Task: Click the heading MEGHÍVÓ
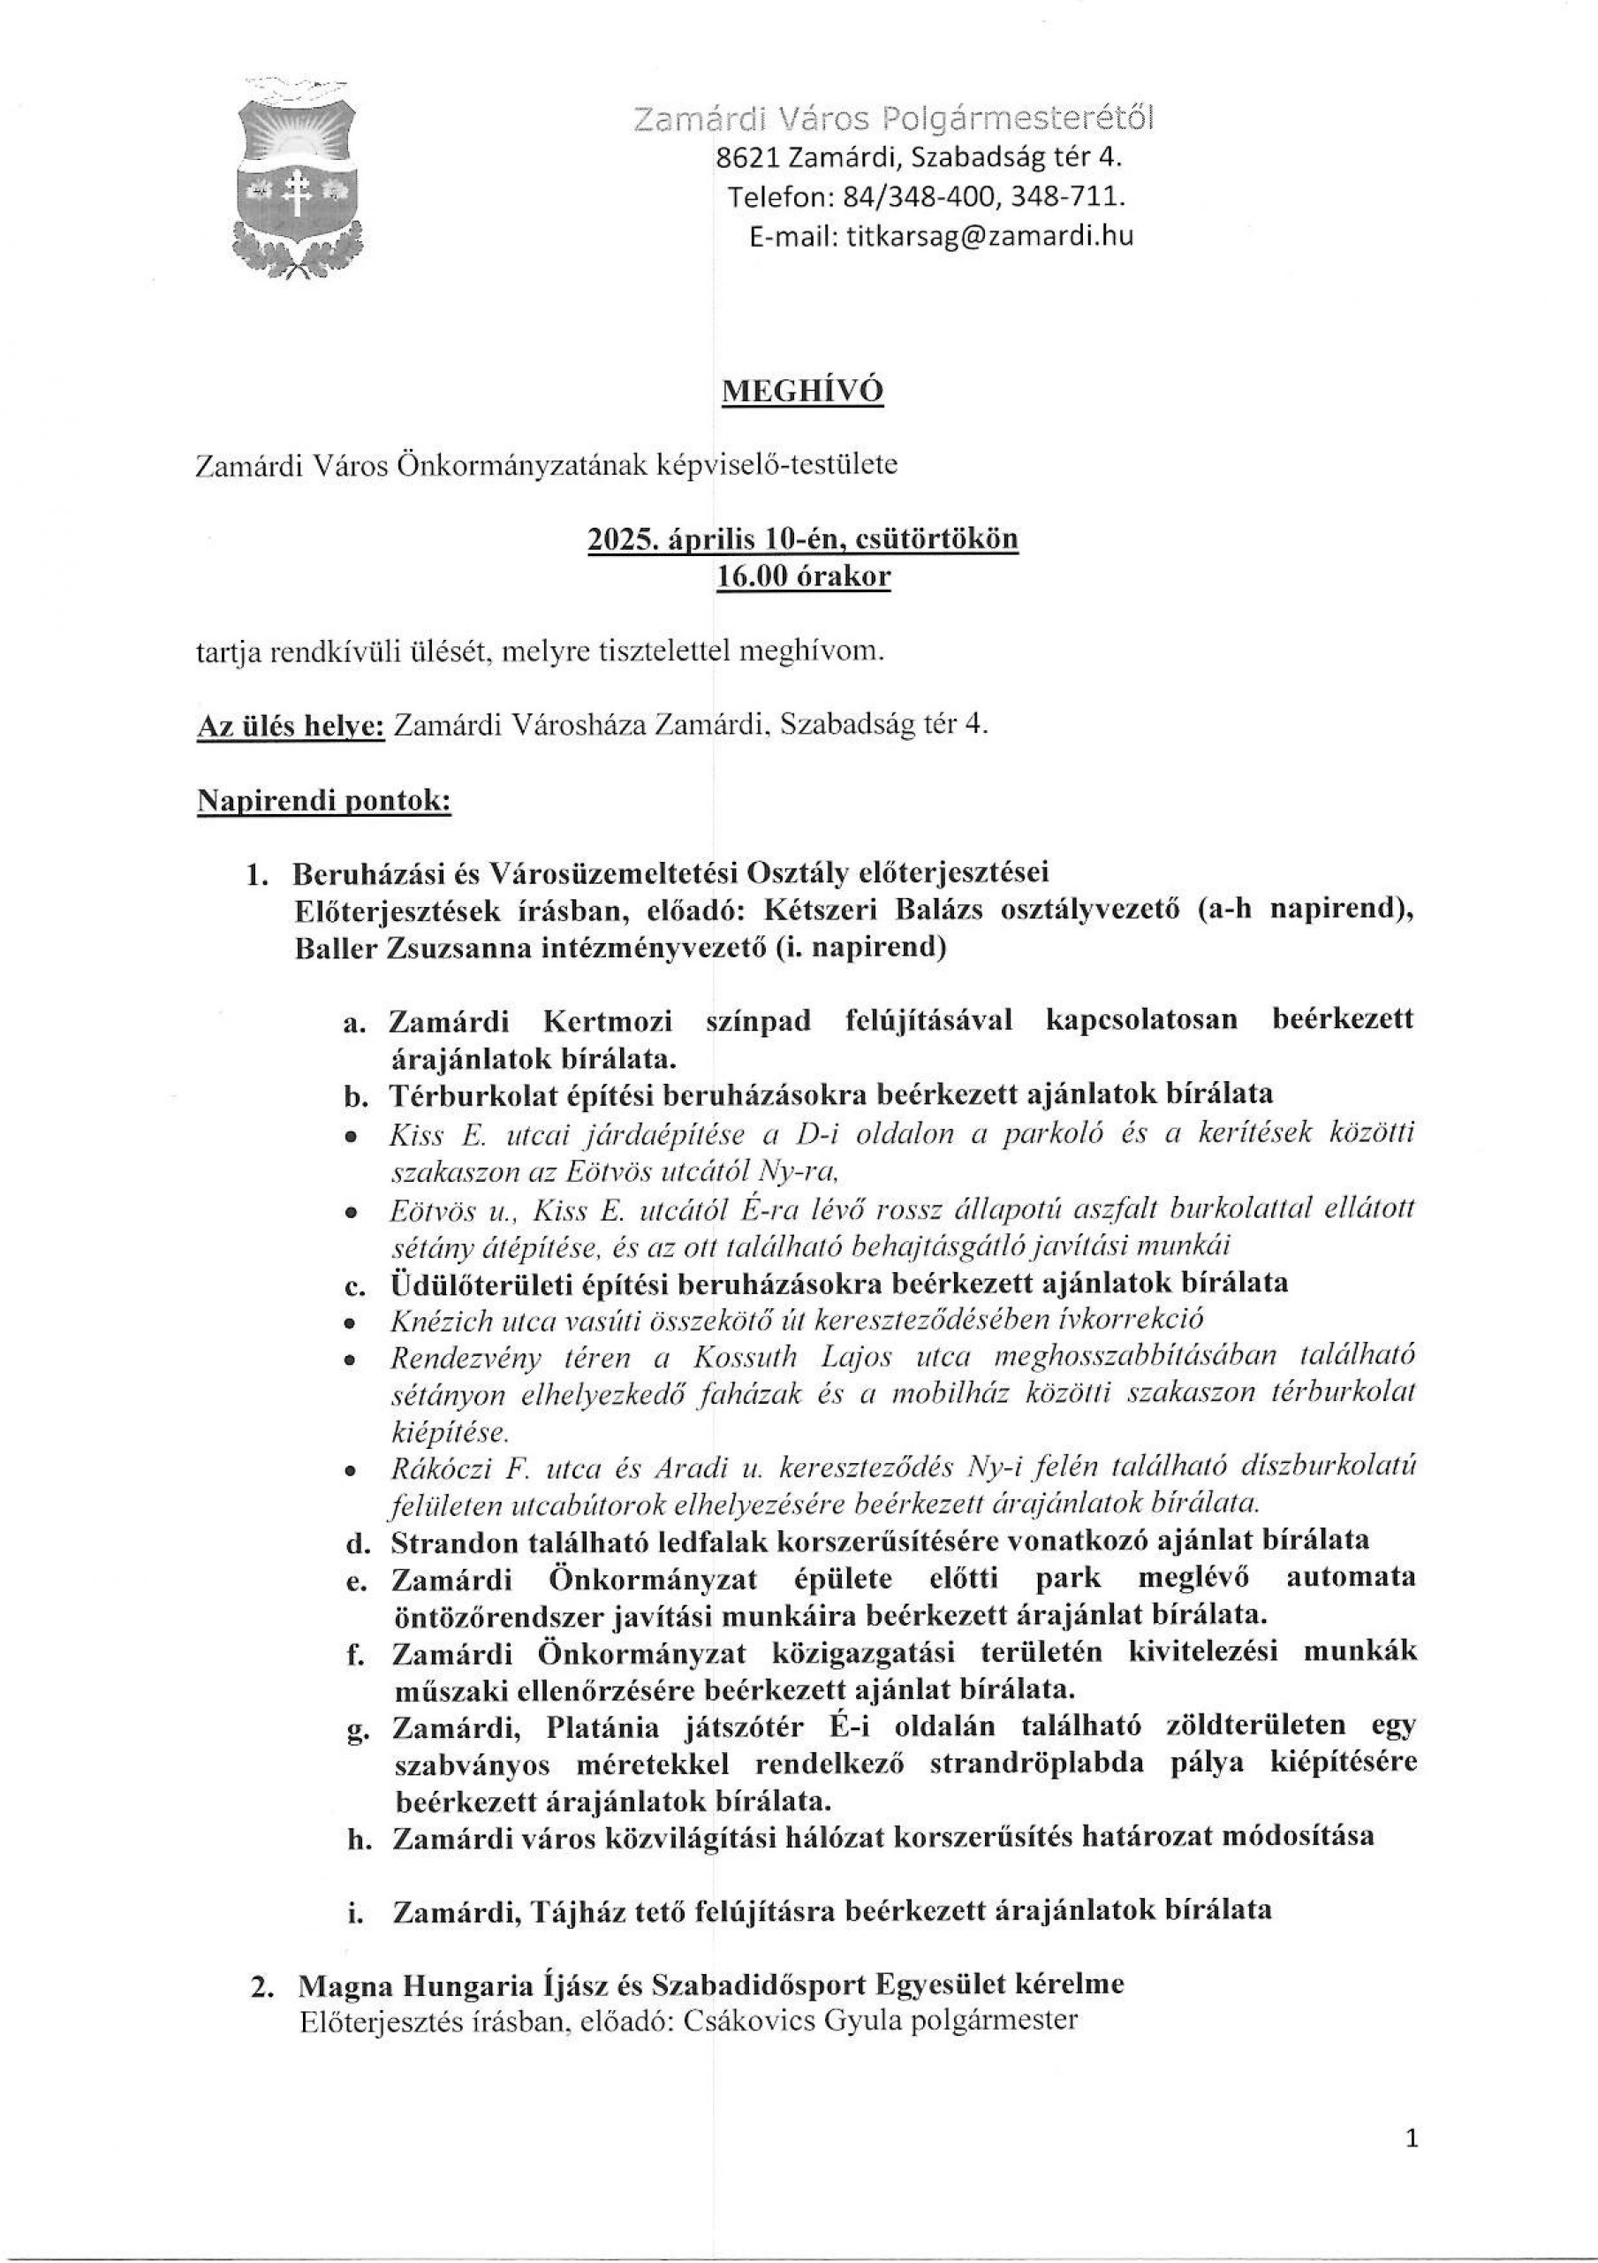click(802, 392)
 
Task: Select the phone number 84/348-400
click(911, 197)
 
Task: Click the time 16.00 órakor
click(802, 576)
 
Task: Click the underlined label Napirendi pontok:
click(325, 800)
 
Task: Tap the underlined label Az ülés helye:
click(291, 726)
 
